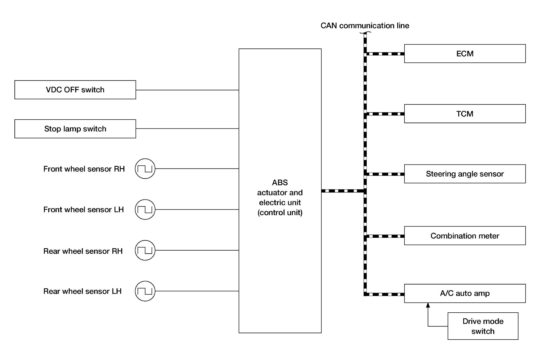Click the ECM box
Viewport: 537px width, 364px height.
tap(465, 54)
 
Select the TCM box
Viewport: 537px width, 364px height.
tap(465, 114)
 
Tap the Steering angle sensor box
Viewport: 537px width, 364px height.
tap(465, 174)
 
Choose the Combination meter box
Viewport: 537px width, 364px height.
tap(465, 236)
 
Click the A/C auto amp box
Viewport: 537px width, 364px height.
tap(465, 293)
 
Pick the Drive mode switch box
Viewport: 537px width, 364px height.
tap(483, 326)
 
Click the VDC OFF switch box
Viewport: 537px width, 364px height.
tap(75, 90)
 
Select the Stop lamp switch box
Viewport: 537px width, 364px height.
tap(75, 129)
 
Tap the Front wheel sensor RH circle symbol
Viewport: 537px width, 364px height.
tap(145, 169)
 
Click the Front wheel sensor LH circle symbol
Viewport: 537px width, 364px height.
tap(145, 209)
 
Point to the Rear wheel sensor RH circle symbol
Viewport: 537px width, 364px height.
tap(145, 250)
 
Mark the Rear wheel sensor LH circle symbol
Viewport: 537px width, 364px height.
tap(145, 291)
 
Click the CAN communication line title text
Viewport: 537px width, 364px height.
tap(365, 25)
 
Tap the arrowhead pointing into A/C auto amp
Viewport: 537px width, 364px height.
tap(428, 305)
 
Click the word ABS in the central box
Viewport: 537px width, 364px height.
tap(280, 182)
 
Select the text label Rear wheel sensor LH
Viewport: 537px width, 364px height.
tap(82, 291)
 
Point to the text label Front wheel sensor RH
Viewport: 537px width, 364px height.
tap(84, 169)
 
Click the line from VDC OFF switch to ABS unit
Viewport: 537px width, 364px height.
tap(187, 90)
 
